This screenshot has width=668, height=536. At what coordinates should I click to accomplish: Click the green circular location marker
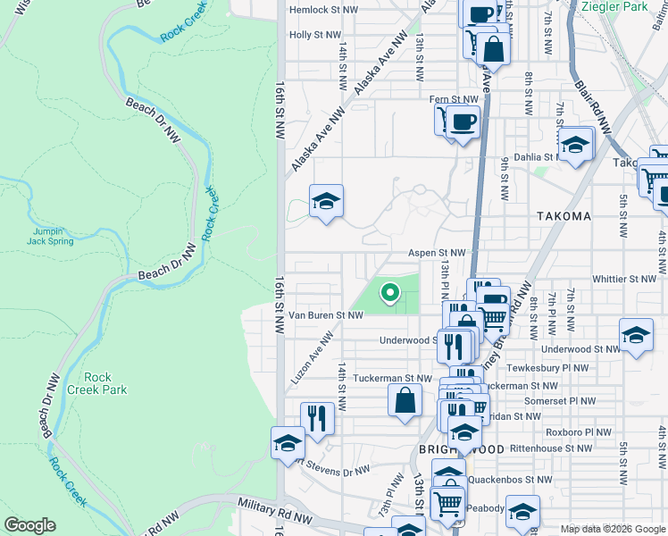389,291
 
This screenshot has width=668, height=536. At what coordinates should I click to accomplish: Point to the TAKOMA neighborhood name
564,216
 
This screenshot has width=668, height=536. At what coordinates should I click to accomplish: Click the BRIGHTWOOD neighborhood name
463,448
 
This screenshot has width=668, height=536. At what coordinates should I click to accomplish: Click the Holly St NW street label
315,35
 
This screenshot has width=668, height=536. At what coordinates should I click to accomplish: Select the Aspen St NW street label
438,254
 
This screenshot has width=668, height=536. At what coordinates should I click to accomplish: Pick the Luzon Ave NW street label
312,357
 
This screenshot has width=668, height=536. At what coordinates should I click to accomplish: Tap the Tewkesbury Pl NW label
555,367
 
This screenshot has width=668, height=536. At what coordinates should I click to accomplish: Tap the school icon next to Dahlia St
576,144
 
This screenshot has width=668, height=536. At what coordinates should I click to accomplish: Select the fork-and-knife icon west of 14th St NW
317,417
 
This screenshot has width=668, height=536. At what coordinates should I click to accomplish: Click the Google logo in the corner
30,525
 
